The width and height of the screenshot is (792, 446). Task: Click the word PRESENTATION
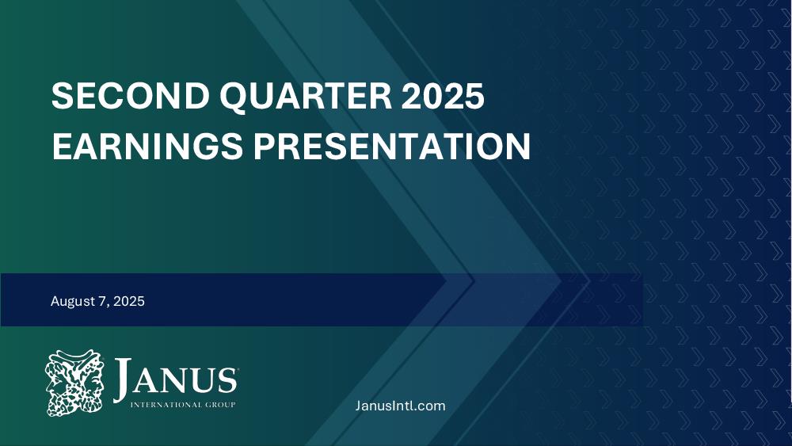pos(392,146)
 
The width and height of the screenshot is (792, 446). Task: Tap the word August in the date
pos(72,302)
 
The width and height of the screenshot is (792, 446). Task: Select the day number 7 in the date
pos(102,301)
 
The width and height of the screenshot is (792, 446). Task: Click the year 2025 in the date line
pos(129,301)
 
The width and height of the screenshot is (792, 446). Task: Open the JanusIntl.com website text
pos(400,406)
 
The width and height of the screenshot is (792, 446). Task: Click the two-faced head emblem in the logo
pos(74,383)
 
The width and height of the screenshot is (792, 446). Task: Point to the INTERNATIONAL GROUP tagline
pos(183,405)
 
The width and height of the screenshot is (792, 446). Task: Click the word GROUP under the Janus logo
pos(219,405)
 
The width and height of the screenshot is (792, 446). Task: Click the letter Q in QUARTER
pos(235,97)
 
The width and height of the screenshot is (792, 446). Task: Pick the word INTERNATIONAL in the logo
pos(166,405)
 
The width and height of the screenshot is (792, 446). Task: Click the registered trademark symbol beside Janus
pos(238,370)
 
